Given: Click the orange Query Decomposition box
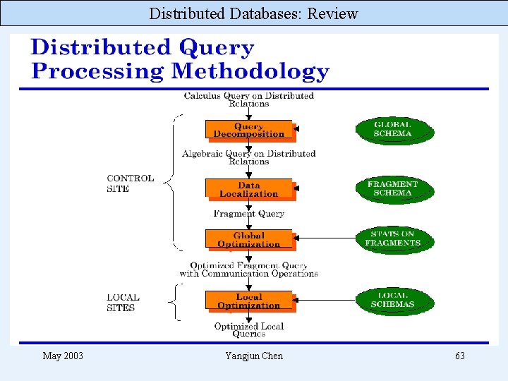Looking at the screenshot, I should (248, 130).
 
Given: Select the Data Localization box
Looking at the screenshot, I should (248, 188).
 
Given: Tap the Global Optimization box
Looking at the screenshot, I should (248, 240).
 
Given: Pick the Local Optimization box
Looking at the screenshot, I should (248, 301).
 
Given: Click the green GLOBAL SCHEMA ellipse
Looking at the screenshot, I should (393, 130).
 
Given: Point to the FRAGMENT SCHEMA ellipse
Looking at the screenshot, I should (393, 188).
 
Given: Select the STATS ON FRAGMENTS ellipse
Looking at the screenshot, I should (393, 238).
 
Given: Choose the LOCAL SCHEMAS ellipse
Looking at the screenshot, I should (393, 300).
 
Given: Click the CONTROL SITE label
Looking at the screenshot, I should (130, 183).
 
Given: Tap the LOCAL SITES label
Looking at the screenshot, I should (123, 303).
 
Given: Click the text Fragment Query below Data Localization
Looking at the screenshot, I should (248, 214).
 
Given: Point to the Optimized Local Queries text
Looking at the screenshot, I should (248, 330).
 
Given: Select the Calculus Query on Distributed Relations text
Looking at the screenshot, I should (248, 99).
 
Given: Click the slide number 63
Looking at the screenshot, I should (459, 356).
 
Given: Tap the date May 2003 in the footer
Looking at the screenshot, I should (63, 356).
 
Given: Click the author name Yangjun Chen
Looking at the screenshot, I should (254, 356).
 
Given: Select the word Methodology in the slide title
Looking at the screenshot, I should (250, 71).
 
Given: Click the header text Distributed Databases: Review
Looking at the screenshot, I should (254, 13).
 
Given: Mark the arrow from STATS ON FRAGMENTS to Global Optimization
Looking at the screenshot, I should (328, 238).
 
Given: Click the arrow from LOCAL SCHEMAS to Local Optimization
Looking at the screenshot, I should (328, 300).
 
